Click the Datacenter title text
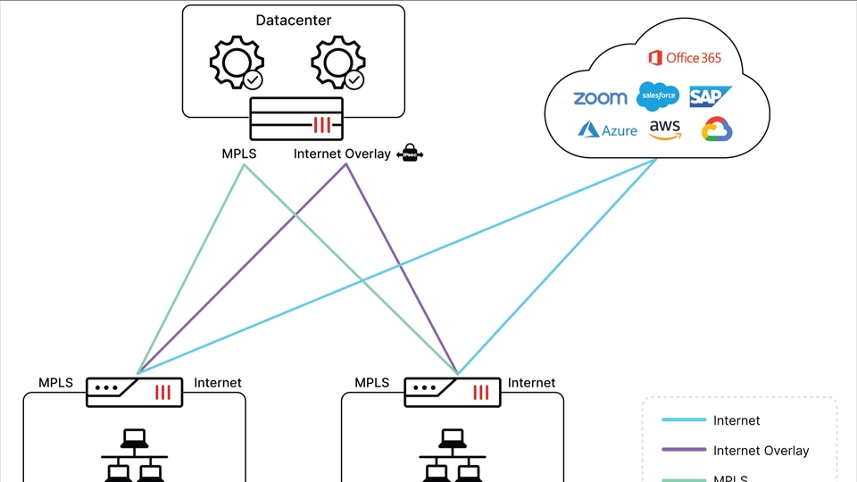click(x=294, y=20)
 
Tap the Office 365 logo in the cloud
click(x=685, y=58)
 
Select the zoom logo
click(x=600, y=98)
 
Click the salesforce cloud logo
click(x=659, y=96)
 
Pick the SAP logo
click(x=710, y=96)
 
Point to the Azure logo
click(x=607, y=130)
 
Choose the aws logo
click(x=665, y=130)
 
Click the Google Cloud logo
click(x=717, y=129)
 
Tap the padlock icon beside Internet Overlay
click(x=410, y=154)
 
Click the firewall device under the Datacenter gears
click(x=294, y=119)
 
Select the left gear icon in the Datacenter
click(x=237, y=63)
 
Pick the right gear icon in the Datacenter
click(x=337, y=63)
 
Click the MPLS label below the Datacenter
click(x=239, y=154)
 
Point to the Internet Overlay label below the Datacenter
click(x=342, y=154)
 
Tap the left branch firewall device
click(x=134, y=391)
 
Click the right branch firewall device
click(x=453, y=391)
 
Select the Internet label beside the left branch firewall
click(x=218, y=383)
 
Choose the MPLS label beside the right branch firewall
click(x=372, y=383)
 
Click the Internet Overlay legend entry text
click(x=761, y=451)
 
